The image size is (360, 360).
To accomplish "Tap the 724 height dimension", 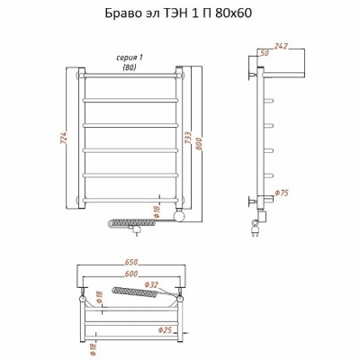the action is tap(65, 138).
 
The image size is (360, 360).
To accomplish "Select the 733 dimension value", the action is tap(188, 138).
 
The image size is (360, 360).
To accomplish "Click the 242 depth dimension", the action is tap(281, 46).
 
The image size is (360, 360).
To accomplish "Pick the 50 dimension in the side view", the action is tap(264, 53).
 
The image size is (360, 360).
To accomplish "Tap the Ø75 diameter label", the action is tap(282, 193).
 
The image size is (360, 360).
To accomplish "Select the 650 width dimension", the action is tap(131, 262).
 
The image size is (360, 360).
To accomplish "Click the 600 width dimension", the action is tap(131, 274).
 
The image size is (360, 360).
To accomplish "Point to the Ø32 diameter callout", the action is tap(151, 284).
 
